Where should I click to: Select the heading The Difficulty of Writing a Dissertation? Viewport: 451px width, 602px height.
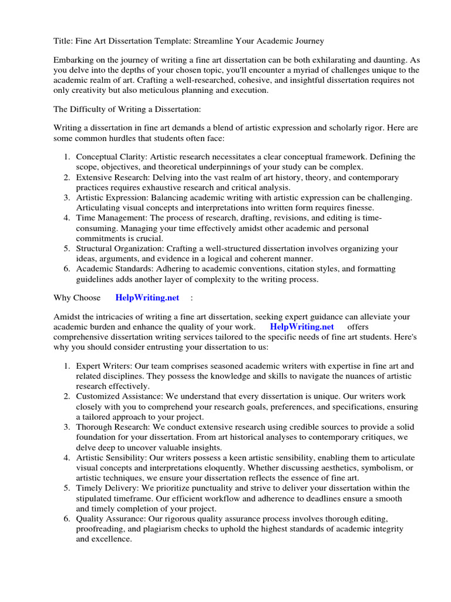127,109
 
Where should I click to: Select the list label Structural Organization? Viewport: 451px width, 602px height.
122,249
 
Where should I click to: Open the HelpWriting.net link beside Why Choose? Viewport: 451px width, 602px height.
147,298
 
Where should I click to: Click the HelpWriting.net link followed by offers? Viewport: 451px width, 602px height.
302,327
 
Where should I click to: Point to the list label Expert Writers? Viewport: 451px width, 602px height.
103,366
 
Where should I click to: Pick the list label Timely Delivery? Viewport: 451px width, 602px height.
106,488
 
